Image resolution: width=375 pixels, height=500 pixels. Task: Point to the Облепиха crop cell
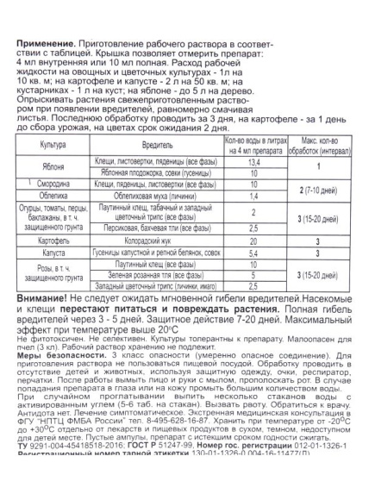(x=54, y=220)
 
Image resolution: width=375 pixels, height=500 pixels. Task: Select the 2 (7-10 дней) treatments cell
(x=324, y=214)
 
